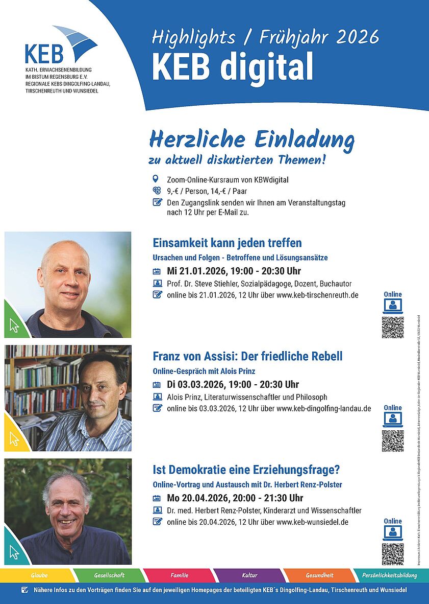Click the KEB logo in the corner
(x=60, y=46)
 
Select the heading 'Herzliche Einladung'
(x=251, y=140)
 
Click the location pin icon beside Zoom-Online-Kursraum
(x=157, y=179)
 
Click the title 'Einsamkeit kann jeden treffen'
(x=227, y=242)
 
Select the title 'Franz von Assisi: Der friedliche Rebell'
(x=247, y=356)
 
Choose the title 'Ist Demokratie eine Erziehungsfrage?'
(x=246, y=469)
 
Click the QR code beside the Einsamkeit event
(x=392, y=328)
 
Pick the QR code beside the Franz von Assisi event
(x=392, y=441)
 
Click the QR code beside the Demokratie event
(x=392, y=554)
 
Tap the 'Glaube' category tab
(x=39, y=575)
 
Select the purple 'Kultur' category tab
(x=249, y=575)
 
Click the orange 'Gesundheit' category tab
(x=319, y=575)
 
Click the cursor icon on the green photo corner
(x=14, y=325)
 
